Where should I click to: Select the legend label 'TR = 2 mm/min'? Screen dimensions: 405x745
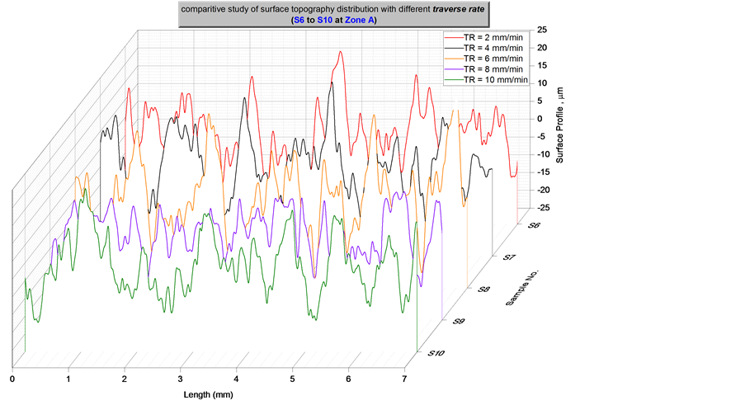pos(493,38)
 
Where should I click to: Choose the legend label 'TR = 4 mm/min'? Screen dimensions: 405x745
pos(493,48)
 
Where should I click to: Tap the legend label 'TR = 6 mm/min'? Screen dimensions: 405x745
pos(493,59)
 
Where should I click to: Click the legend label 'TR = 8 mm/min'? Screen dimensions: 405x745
pos(493,69)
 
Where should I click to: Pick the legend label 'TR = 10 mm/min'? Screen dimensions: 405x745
pos(495,79)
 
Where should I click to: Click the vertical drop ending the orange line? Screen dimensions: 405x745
pos(467,247)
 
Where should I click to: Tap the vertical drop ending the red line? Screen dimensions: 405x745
pos(517,202)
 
